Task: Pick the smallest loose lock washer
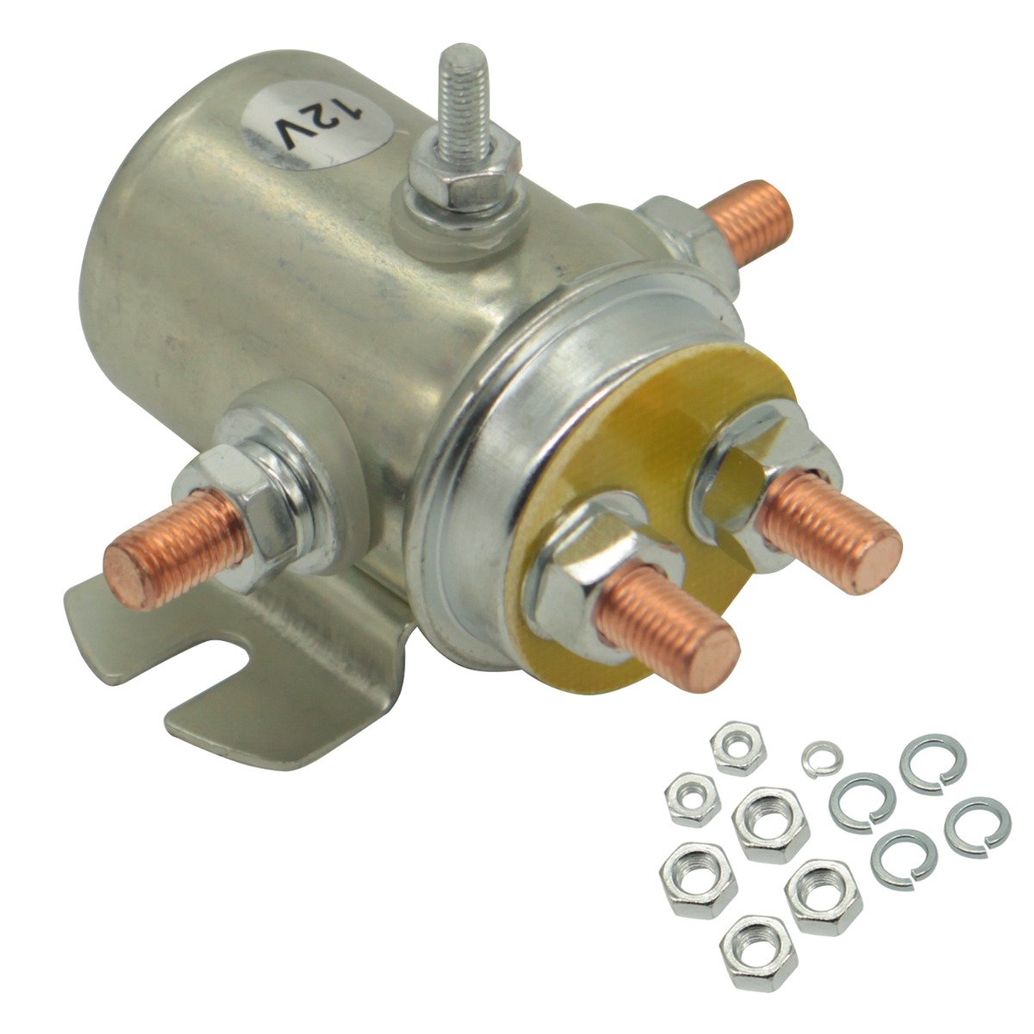[822, 757]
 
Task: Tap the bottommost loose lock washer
[903, 857]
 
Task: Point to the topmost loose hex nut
[738, 749]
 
